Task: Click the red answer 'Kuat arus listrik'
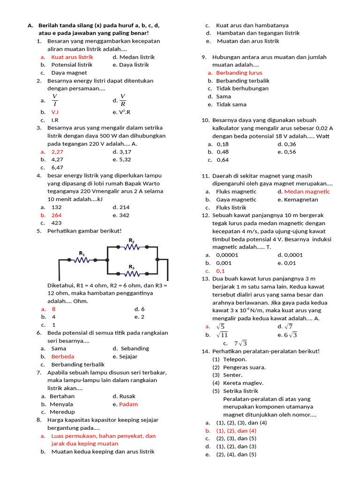click(x=72, y=57)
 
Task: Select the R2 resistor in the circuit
click(x=132, y=247)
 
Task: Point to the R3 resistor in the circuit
click(x=132, y=273)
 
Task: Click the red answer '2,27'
click(x=57, y=152)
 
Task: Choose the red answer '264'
click(x=56, y=215)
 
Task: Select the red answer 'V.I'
click(x=55, y=112)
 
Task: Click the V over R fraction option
click(x=123, y=100)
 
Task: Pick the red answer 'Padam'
click(x=128, y=404)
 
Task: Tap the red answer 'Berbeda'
click(x=63, y=356)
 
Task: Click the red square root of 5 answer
click(x=220, y=326)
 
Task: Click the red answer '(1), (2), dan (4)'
click(x=236, y=430)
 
